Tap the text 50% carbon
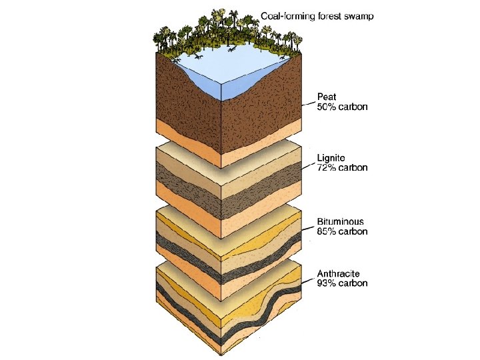[342, 107]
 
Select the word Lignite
[332, 158]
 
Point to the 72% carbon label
[342, 168]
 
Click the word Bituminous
[340, 221]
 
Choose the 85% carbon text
[342, 231]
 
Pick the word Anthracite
[339, 273]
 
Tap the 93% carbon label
[342, 283]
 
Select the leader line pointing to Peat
[308, 103]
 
